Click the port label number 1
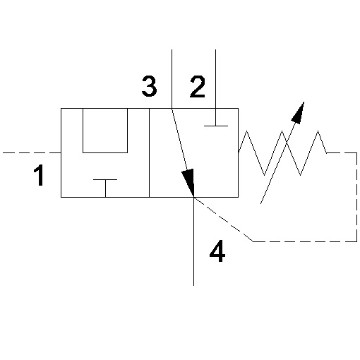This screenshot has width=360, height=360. point(39,175)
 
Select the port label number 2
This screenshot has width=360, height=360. point(198,87)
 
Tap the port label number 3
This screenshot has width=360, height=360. point(149,86)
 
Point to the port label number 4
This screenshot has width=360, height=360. point(217,251)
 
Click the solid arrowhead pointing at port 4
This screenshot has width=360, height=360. point(189,182)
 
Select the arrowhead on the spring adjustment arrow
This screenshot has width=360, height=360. point(299,113)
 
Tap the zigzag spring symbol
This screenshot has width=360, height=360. point(282,153)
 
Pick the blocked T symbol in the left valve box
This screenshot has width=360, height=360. point(105,188)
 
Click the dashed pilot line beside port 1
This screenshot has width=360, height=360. point(32,152)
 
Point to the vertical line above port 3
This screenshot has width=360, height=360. point(172,79)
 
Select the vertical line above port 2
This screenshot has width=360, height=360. point(216,79)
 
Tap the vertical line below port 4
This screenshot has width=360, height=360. point(193,241)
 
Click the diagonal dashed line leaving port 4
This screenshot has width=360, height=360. point(224,220)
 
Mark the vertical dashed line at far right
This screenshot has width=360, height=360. point(356,197)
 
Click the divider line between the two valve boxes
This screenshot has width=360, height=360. point(149,152)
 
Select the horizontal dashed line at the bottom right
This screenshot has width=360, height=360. point(305,241)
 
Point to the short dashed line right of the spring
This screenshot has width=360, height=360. point(342,152)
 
